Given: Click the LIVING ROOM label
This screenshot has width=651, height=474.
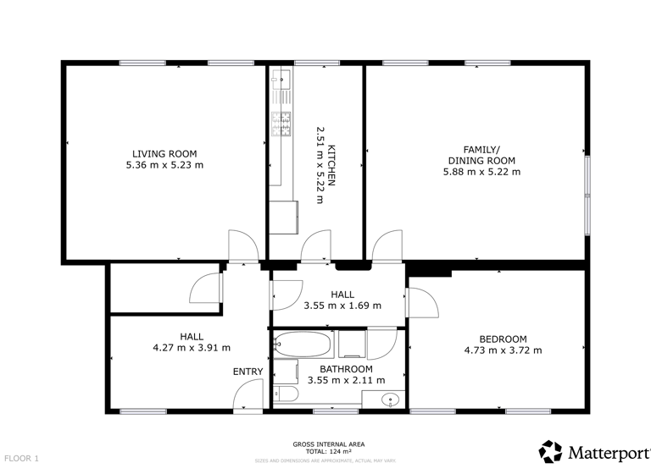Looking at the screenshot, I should (164, 153).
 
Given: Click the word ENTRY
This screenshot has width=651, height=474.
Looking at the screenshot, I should (248, 372).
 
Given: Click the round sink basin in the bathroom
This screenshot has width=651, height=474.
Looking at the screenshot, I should (391, 399).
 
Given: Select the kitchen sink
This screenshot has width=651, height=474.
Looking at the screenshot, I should (281, 80).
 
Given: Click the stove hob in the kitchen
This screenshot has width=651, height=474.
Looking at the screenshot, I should (281, 124).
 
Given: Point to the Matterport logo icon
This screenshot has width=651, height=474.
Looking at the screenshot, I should (550, 451).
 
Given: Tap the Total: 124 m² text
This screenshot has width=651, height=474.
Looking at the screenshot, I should (328, 450).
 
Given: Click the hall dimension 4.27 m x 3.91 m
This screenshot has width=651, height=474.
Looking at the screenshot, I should (191, 347).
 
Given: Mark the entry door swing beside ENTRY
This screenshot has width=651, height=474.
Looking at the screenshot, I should (248, 394).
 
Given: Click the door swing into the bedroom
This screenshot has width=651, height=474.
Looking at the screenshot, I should (421, 303).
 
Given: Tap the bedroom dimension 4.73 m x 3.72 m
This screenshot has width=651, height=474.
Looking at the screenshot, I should (503, 350).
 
